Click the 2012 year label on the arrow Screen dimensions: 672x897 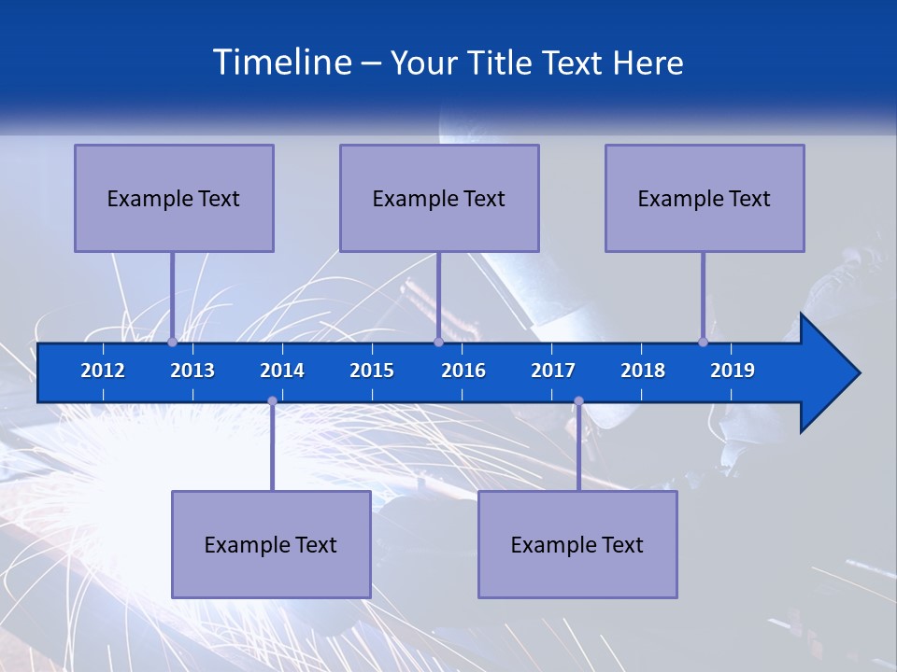[103, 371]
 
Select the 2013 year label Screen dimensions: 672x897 [192, 371]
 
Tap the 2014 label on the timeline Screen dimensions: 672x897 [282, 371]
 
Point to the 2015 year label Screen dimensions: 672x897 [372, 371]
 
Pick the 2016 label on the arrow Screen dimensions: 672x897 [463, 371]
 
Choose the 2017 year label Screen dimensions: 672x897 [553, 371]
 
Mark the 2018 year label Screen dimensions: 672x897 [643, 371]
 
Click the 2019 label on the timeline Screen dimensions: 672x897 [733, 371]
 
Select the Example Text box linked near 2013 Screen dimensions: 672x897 [174, 198]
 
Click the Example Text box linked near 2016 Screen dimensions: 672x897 [439, 198]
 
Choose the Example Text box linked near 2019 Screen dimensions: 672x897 [705, 198]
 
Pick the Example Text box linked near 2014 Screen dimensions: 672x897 [271, 544]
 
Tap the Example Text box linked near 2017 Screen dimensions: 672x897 [577, 544]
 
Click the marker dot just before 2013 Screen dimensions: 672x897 [172, 343]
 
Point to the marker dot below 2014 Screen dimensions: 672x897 [272, 400]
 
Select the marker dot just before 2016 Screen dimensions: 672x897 [438, 343]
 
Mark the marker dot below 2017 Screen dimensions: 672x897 [578, 400]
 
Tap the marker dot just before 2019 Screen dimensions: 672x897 [703, 343]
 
